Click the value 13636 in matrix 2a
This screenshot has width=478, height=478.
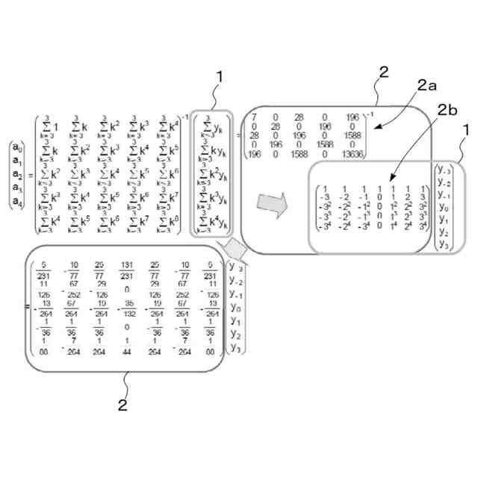pyautogui.click(x=350, y=154)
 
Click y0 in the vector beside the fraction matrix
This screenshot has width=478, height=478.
pyautogui.click(x=235, y=307)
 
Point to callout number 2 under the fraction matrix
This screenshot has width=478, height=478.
pyautogui.click(x=123, y=406)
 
